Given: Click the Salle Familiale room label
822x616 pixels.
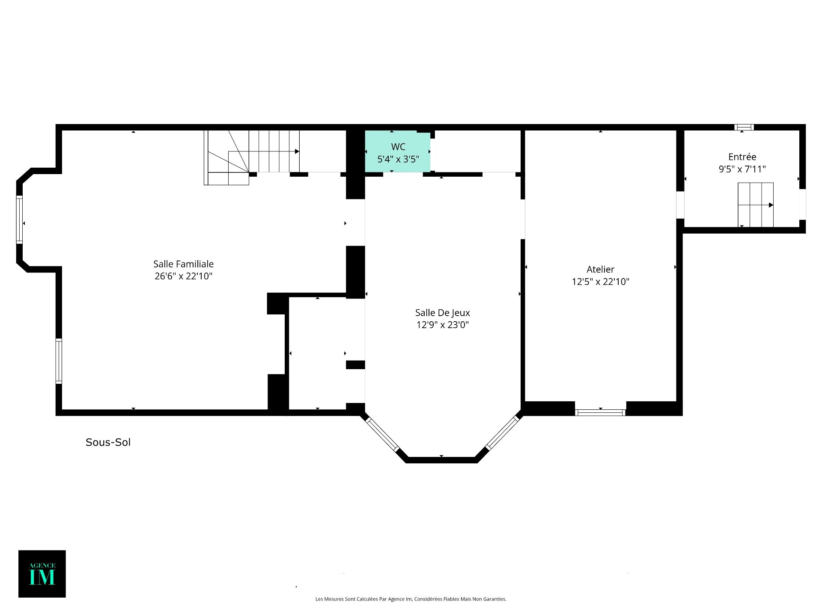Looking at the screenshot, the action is tap(183, 264).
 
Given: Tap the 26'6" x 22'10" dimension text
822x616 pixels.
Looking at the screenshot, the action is tap(183, 276).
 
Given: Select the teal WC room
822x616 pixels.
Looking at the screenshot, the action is tap(398, 151).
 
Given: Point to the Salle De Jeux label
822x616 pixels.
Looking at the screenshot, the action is tap(442, 313).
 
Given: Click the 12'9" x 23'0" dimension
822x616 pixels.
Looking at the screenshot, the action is tap(442, 325).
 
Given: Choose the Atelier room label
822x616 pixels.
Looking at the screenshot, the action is tap(600, 269).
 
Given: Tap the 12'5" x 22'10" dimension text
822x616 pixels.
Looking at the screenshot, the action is tap(600, 281).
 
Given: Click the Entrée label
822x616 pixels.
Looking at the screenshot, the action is tap(742, 157).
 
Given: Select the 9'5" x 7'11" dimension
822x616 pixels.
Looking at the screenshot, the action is tap(742, 169).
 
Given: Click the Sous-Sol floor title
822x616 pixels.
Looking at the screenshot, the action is tap(108, 442).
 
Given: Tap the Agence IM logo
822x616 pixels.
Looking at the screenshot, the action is tap(42, 574).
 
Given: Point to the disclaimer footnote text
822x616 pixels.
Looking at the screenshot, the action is tap(411, 599).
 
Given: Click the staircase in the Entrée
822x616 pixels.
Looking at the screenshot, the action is tap(756, 205).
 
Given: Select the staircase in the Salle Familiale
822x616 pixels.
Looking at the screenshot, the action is tap(252, 157).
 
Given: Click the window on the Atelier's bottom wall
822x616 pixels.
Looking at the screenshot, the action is tap(600, 412).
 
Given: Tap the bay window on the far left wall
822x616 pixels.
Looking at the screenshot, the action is tap(19, 219).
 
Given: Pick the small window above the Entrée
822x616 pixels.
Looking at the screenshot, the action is tap(744, 127).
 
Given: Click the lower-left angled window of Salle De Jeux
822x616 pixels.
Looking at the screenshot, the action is tap(382, 434).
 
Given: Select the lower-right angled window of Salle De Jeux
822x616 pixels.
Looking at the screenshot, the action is tap(502, 433).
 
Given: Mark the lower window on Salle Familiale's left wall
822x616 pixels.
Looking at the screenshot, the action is tap(59, 361).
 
